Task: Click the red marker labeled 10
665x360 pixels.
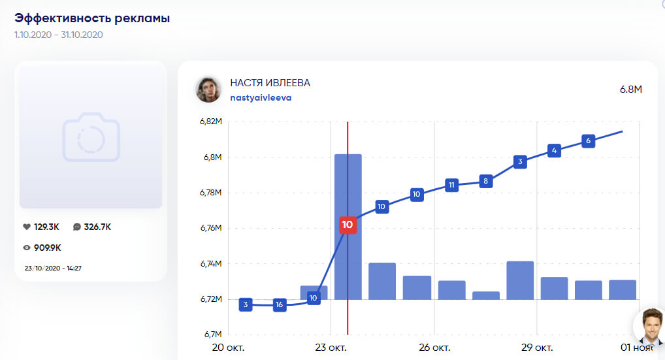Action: [x=348, y=225]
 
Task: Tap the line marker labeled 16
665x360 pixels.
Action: [x=280, y=305]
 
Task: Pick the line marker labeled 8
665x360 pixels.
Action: [x=485, y=181]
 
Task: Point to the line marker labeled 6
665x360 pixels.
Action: [x=589, y=140]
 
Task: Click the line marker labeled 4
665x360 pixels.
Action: [x=554, y=151]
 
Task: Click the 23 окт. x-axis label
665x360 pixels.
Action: [x=330, y=346]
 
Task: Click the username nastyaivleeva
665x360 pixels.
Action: [x=261, y=98]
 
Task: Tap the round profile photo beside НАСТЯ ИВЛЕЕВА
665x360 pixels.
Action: [x=208, y=90]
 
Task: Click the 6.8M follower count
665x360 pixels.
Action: [x=630, y=89]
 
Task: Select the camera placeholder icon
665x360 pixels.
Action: [x=91, y=137]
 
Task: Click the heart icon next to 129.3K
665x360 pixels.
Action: [x=27, y=227]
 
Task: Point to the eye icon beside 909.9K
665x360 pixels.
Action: [x=27, y=248]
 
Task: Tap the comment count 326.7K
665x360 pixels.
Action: [x=97, y=227]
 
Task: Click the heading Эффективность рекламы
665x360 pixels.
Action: [x=92, y=18]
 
